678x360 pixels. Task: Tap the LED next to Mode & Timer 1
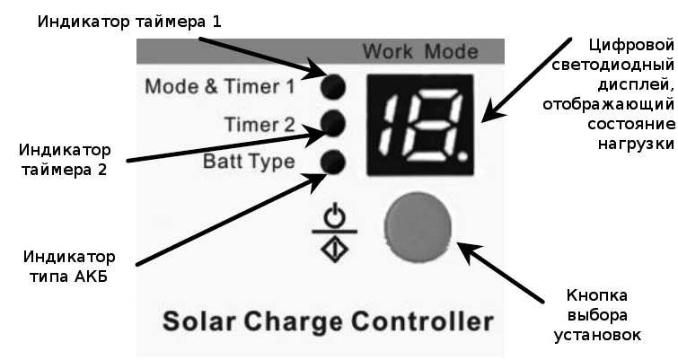click(333, 86)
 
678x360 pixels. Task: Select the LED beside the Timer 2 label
click(333, 123)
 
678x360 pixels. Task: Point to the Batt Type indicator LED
click(333, 162)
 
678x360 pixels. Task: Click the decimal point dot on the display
click(462, 156)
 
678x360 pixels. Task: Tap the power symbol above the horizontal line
click(335, 216)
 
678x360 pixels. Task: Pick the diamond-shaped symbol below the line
click(335, 249)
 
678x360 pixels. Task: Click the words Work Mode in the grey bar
click(420, 52)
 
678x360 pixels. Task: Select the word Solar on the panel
click(199, 321)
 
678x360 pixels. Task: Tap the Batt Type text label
click(249, 162)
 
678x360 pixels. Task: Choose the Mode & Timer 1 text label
click(220, 86)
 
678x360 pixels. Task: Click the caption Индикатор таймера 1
click(129, 22)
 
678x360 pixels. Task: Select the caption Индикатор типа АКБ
click(69, 267)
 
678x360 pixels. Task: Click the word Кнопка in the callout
click(596, 295)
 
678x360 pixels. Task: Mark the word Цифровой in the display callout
click(631, 46)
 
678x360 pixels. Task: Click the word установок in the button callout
click(597, 335)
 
